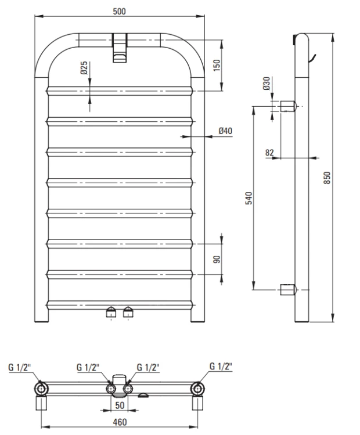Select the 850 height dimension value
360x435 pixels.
326,176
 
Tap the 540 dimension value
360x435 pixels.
249,197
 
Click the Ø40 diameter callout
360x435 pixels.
225,132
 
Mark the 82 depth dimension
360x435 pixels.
269,152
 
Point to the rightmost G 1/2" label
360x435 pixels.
221,366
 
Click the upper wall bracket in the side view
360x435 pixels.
289,107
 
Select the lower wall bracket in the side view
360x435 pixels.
289,289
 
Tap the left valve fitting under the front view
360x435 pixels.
111,313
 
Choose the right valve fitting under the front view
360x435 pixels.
128,313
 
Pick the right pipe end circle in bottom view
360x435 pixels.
199,388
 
